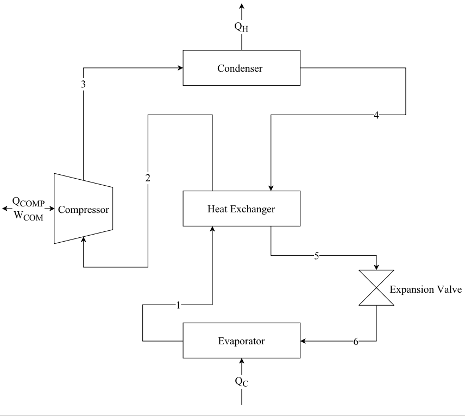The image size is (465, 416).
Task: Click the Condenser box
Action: pos(241,68)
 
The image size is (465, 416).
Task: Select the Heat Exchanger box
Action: pos(241,209)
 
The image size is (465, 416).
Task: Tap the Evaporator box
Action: pos(241,341)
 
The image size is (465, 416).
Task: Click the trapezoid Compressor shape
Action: pos(83,209)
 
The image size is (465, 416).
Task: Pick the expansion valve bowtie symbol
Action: pos(376,288)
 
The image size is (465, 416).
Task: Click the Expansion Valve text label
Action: pos(425,289)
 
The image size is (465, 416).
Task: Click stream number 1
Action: pos(178,305)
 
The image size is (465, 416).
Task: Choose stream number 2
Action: pos(148,178)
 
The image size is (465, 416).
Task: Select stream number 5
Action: pos(316,256)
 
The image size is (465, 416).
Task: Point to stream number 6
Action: pos(356,342)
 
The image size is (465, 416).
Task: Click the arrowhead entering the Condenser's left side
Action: pos(179,68)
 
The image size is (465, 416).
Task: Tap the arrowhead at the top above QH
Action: pos(242,6)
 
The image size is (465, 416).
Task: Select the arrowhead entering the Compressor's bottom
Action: pos(83,239)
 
